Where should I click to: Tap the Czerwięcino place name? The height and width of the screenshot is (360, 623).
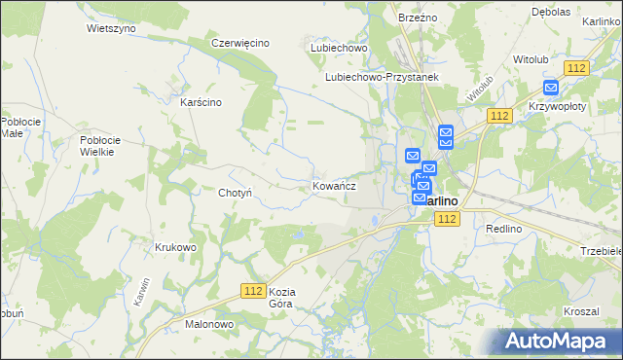(x=239, y=43)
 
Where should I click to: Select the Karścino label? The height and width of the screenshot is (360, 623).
(x=202, y=101)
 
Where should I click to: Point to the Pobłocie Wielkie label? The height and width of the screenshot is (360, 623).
(x=97, y=146)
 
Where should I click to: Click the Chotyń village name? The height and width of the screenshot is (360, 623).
(x=236, y=193)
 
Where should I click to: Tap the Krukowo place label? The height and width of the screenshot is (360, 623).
(x=175, y=247)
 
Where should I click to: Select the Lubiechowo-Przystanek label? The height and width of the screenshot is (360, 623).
(x=384, y=77)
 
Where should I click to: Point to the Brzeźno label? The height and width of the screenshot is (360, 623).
(x=420, y=18)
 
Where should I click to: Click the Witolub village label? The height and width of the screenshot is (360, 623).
(x=531, y=59)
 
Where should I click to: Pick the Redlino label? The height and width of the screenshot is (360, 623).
(x=505, y=227)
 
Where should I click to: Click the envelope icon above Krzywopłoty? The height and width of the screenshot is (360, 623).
(x=551, y=87)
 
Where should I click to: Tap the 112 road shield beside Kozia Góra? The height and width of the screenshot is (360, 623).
(x=253, y=291)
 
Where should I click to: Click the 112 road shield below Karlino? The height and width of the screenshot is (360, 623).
(x=447, y=220)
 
